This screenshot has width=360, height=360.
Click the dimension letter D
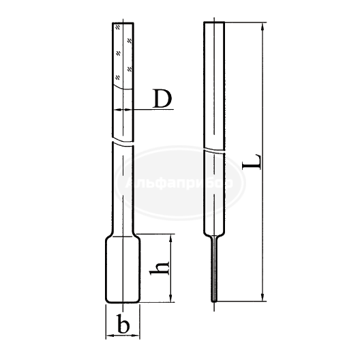[161, 100]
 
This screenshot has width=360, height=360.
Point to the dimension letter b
[123, 325]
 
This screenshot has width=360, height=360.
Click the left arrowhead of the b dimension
[108, 335]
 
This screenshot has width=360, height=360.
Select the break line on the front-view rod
[123, 145]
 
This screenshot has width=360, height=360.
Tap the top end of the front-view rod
[123, 24]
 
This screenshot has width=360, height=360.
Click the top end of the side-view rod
[215, 24]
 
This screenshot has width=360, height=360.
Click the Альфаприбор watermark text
[180, 183]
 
